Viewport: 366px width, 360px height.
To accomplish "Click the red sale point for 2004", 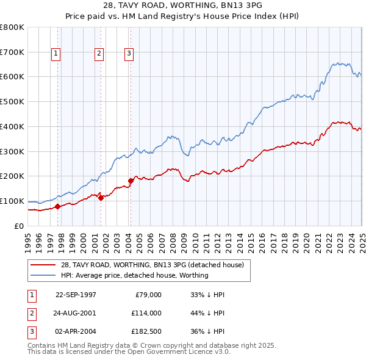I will (x=131, y=181).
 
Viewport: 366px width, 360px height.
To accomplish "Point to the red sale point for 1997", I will (x=57, y=206).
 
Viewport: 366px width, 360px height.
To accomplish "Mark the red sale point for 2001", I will (x=101, y=197).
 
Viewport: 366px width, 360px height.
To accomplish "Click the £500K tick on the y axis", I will (x=12, y=101).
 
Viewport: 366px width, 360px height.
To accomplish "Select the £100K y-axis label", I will (x=12, y=201).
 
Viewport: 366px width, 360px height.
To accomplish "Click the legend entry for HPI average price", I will (x=134, y=275).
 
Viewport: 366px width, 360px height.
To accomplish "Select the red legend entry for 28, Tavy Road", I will (x=152, y=265).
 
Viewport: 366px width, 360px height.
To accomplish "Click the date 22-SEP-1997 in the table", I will (x=76, y=295).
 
